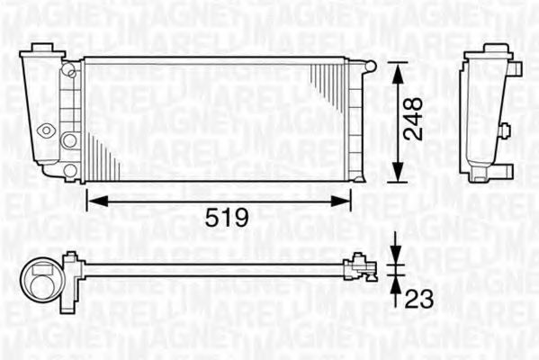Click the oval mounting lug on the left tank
(x=45, y=130)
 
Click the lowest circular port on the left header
(x=69, y=169)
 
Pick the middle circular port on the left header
(x=69, y=139)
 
